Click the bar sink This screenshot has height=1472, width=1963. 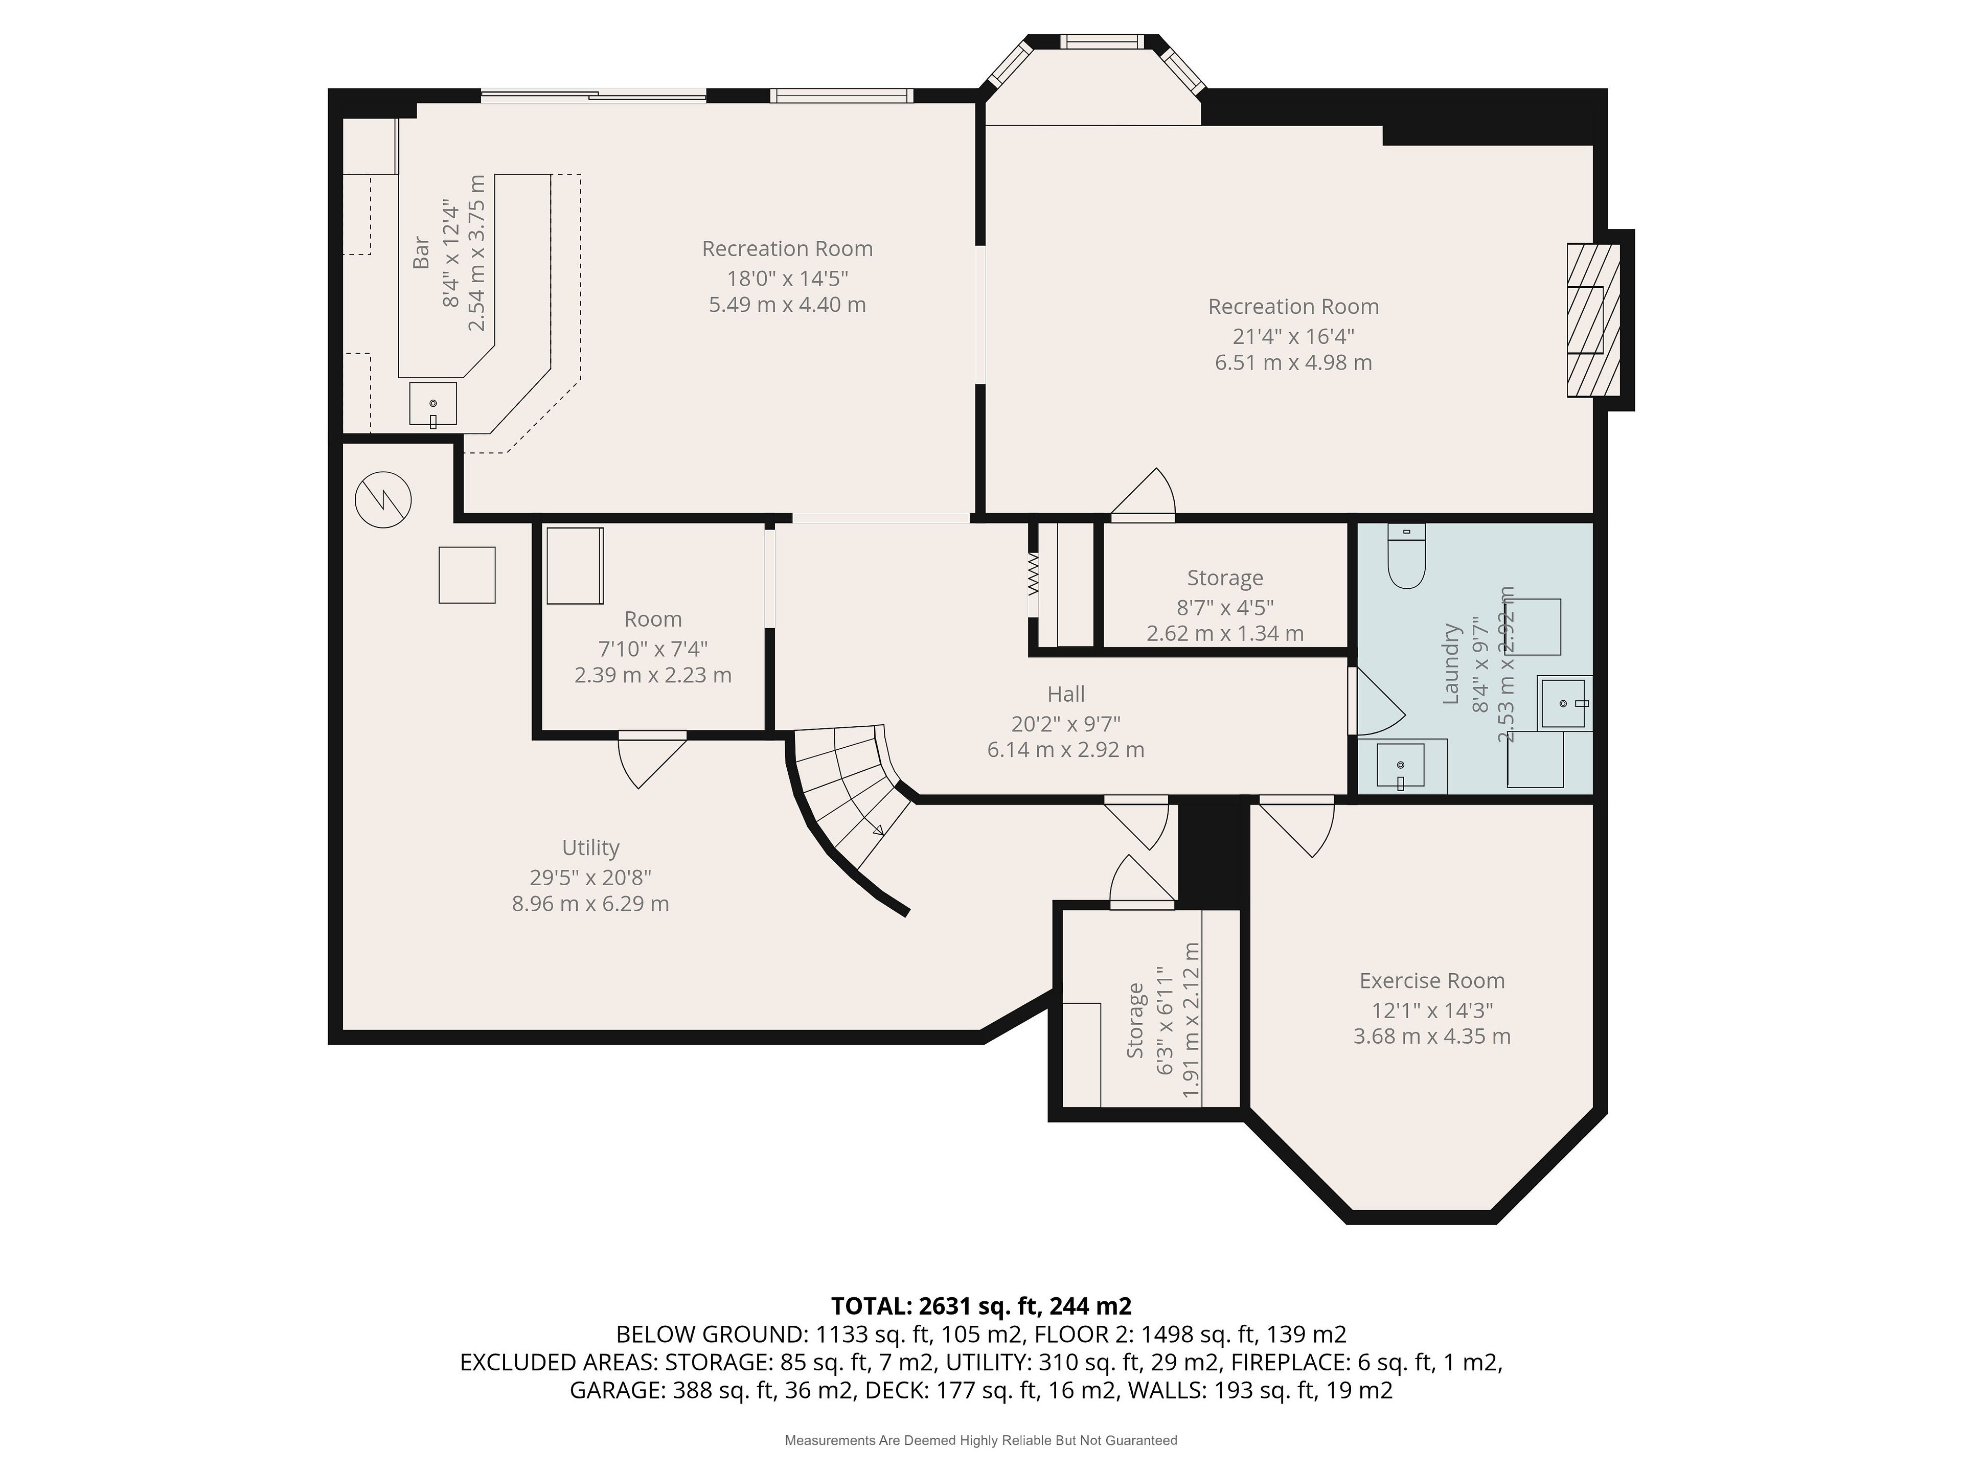433,404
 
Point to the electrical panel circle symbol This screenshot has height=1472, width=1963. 383,499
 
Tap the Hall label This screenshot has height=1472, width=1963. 1066,694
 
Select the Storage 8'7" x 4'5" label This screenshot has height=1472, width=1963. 1225,578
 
